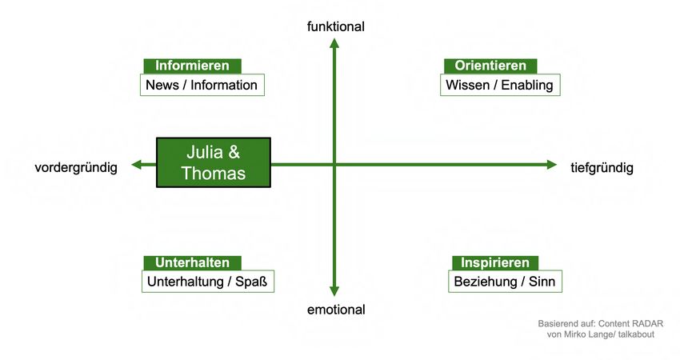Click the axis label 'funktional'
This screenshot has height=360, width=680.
point(335,26)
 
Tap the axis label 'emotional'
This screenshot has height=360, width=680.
point(335,310)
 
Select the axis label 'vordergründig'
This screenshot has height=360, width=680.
point(76,167)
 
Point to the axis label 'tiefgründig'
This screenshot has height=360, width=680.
point(602,167)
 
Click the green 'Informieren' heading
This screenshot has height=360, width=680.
point(192,66)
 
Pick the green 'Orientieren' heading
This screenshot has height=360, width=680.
point(490,66)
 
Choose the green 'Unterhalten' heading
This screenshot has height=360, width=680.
point(192,262)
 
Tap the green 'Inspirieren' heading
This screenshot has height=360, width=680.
point(495,262)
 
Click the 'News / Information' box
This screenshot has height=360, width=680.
point(202,85)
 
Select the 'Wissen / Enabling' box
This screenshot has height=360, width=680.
point(499,85)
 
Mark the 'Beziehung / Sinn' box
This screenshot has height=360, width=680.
point(505,282)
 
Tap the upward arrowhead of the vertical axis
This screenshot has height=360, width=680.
point(335,42)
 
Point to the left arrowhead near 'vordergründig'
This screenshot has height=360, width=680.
point(137,165)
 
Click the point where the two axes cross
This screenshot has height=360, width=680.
point(335,165)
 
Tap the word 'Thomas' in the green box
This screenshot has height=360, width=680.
point(213,173)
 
